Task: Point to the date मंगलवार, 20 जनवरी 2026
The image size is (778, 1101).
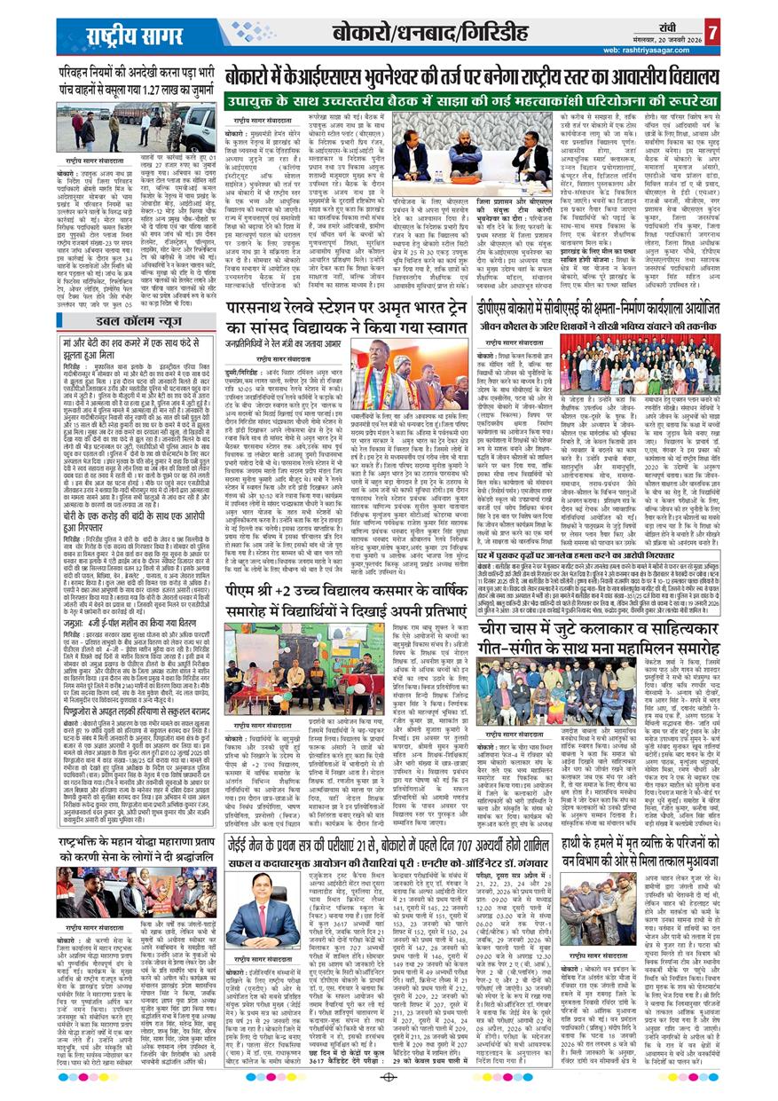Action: pos(672,39)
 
